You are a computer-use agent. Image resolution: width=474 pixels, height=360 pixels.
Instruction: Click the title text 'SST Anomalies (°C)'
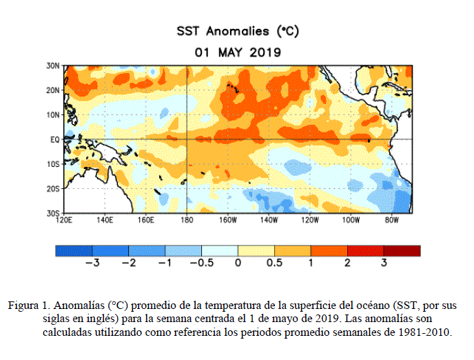pyautogui.click(x=238, y=31)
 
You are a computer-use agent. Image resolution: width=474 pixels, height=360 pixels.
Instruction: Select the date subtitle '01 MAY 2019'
pyautogui.click(x=238, y=51)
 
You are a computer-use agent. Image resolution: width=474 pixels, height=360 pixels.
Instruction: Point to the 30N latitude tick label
pyautogui.click(x=54, y=66)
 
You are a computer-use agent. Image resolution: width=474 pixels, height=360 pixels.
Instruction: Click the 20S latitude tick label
pyautogui.click(x=54, y=188)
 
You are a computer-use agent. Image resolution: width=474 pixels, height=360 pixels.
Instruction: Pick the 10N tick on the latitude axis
pyautogui.click(x=54, y=114)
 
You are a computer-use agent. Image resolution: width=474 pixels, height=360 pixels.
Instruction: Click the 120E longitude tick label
pyautogui.click(x=64, y=221)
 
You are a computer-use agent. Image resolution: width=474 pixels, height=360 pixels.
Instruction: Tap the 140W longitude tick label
pyautogui.click(x=269, y=221)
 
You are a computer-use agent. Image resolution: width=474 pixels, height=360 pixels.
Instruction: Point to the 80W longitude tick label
pyautogui.click(x=392, y=221)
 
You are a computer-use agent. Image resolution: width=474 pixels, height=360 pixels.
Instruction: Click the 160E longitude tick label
pyautogui.click(x=146, y=221)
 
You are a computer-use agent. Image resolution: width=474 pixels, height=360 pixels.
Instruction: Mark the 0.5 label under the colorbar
pyautogui.click(x=274, y=263)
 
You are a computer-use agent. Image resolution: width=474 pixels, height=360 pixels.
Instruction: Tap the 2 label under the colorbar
pyautogui.click(x=348, y=263)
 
